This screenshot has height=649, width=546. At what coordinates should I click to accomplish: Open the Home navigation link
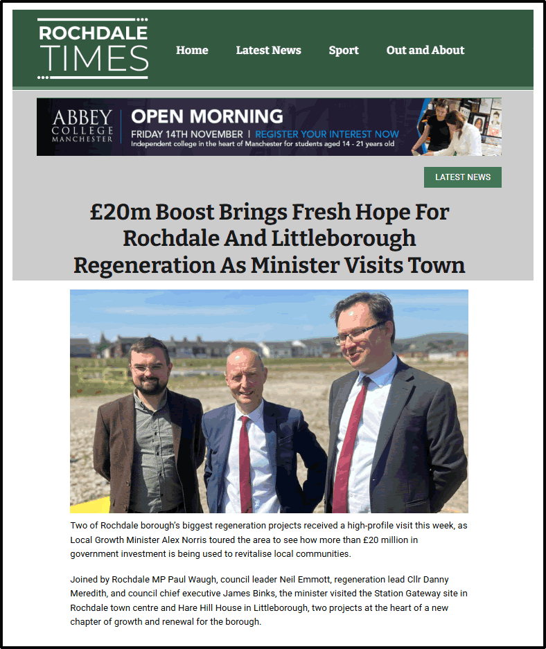pyautogui.click(x=192, y=50)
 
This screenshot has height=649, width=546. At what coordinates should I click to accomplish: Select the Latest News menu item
pyautogui.click(x=268, y=50)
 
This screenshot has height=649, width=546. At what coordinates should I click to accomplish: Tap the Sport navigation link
pyautogui.click(x=344, y=50)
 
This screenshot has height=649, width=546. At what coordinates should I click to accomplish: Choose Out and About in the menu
pyautogui.click(x=425, y=50)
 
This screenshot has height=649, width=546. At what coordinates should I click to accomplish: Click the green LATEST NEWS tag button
pyautogui.click(x=463, y=177)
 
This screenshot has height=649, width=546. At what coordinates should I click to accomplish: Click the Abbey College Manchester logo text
pyautogui.click(x=82, y=126)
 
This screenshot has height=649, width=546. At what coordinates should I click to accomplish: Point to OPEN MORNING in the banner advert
pyautogui.click(x=207, y=116)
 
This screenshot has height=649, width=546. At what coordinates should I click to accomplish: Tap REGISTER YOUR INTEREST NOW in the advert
pyautogui.click(x=327, y=134)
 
